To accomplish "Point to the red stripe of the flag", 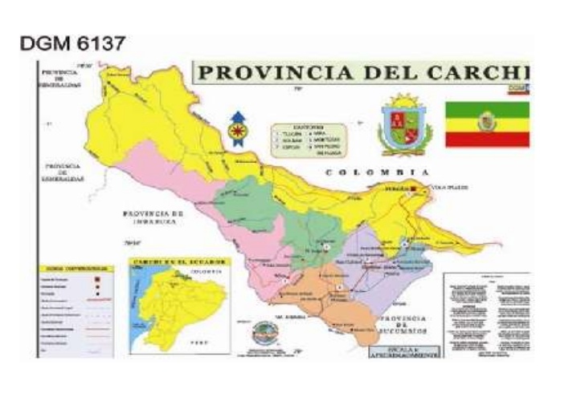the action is point(488,139).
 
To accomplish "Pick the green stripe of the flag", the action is point(488,109).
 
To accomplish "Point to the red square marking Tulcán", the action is point(414,188).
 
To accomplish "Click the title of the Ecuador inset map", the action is point(171,264).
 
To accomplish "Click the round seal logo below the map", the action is point(263,331).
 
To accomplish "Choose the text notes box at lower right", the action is point(485,313).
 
